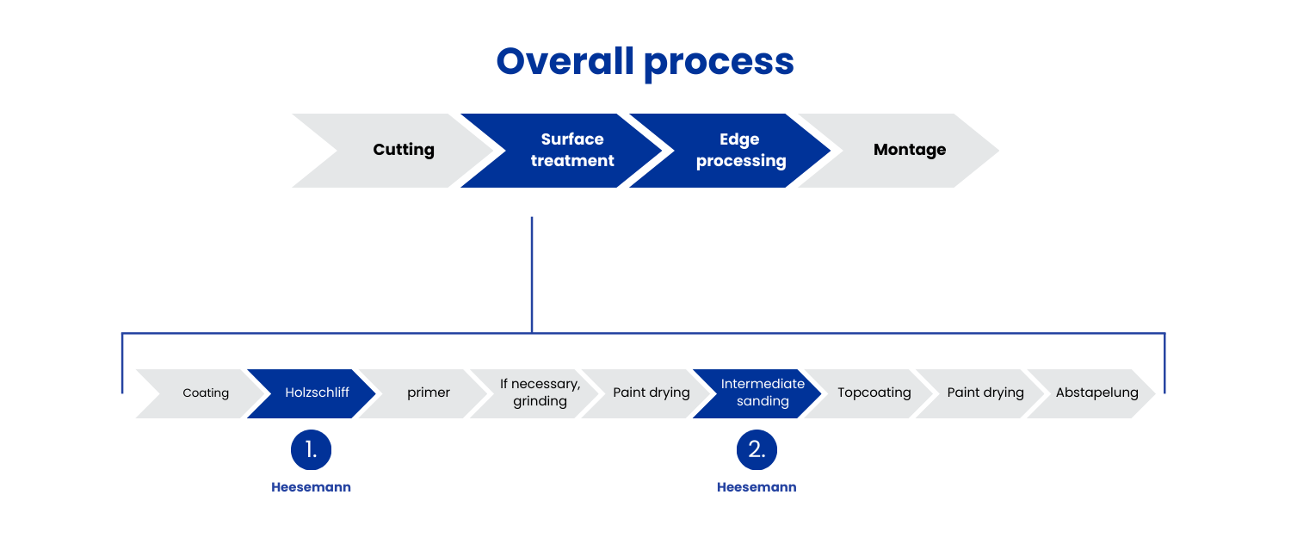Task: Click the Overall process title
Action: tap(645, 62)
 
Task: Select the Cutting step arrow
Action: tap(392, 151)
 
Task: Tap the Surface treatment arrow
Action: tap(561, 151)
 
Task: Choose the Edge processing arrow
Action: tap(730, 151)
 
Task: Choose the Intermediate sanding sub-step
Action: tap(757, 393)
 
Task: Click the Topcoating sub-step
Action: tap(868, 393)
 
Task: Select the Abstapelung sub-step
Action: tap(1091, 393)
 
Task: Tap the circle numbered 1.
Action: tap(312, 450)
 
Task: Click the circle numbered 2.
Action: tap(757, 450)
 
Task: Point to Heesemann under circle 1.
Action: tap(312, 487)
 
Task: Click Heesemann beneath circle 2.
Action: tap(757, 487)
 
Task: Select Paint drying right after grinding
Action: tap(645, 393)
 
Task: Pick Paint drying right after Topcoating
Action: tap(979, 393)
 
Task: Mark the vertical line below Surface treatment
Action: tap(531, 275)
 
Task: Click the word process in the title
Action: tap(720, 64)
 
